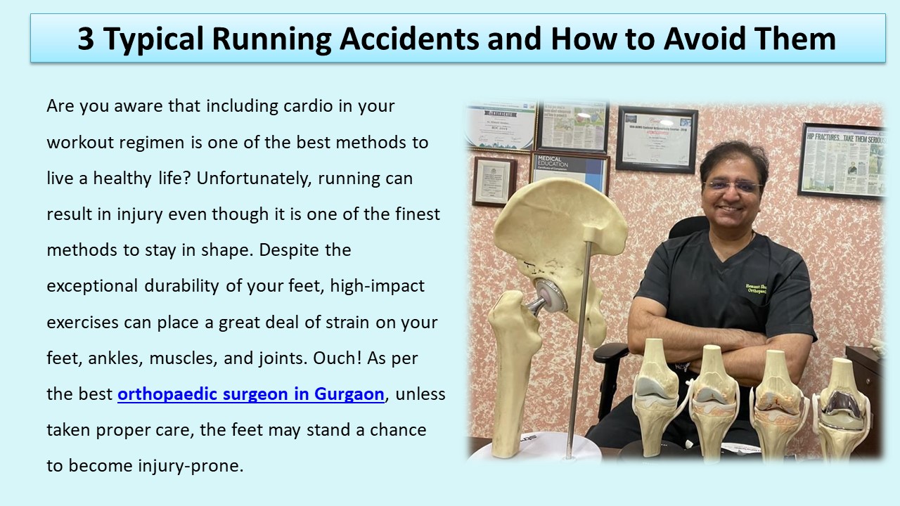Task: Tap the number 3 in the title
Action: click(x=85, y=39)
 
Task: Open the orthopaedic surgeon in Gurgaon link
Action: click(x=251, y=394)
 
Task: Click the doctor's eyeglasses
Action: click(x=733, y=186)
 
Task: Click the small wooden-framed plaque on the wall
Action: click(x=494, y=181)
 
